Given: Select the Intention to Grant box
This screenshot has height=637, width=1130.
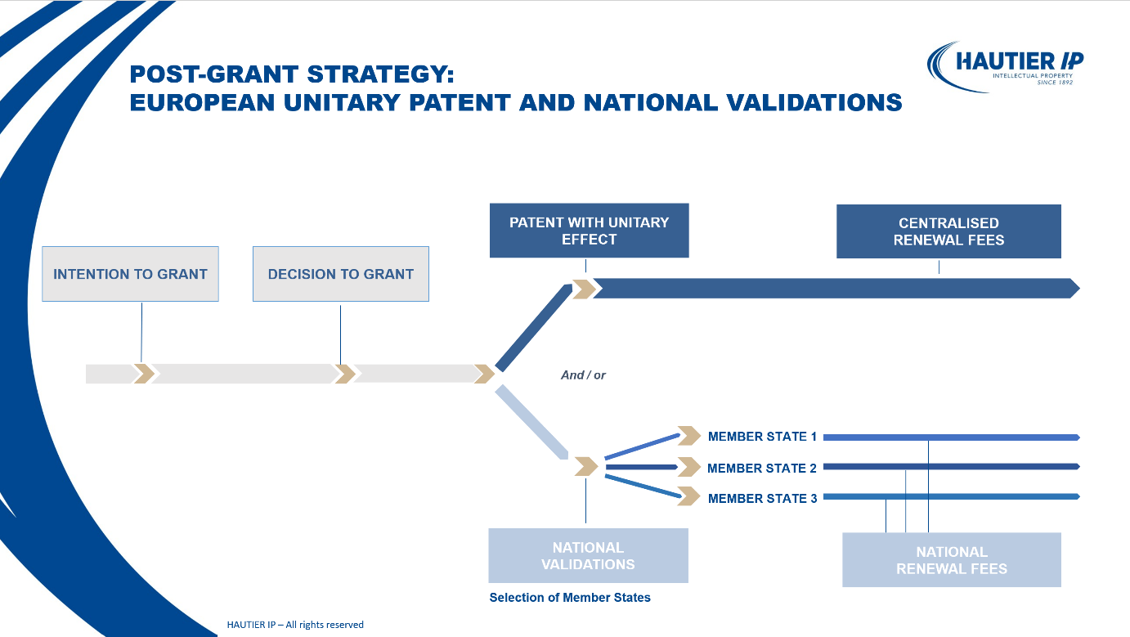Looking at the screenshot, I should tap(130, 274).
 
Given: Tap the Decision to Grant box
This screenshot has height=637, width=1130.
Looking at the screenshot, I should tap(340, 274).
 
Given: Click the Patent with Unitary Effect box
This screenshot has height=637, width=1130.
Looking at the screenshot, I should tap(589, 231).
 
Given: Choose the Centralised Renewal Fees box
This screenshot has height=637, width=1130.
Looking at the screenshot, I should tap(948, 231).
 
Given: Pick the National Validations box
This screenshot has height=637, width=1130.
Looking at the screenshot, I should tap(588, 555).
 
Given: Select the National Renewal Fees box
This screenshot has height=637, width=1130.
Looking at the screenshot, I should tap(951, 560).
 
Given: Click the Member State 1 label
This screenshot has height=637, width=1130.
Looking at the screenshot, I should tap(762, 437).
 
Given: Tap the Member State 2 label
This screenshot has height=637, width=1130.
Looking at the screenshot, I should tap(762, 468).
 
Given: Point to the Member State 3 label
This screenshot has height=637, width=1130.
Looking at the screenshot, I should tap(762, 498).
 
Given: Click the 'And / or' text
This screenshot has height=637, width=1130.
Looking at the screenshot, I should tap(583, 375).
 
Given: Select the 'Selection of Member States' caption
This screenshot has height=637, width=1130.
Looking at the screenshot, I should tap(570, 598).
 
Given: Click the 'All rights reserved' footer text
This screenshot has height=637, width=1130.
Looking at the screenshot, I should tap(295, 625).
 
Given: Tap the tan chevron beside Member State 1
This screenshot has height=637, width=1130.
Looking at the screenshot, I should tap(689, 436).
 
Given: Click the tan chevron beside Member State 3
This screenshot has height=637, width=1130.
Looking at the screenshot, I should tap(689, 496).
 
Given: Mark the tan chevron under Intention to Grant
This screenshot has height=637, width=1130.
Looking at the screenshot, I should tap(144, 374).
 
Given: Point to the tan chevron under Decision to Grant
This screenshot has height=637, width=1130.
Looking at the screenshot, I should tap(345, 374).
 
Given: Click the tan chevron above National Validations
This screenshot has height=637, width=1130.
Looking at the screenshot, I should tap(586, 466).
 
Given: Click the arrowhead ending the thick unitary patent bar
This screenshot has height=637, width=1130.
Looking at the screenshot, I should tap(1074, 288).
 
